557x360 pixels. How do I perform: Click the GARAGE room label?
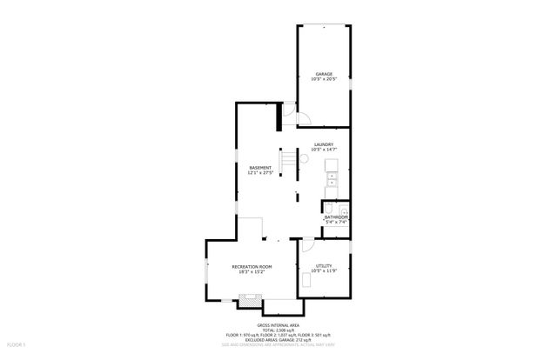click(324, 74)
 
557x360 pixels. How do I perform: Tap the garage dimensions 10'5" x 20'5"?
click(324, 80)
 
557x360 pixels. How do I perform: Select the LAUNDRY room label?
click(324, 144)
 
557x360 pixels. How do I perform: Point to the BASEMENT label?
click(260, 167)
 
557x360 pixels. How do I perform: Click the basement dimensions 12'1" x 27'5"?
click(260, 173)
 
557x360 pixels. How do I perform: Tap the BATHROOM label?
click(336, 217)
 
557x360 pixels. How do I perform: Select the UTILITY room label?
click(324, 265)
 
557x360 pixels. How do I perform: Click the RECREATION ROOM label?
click(252, 265)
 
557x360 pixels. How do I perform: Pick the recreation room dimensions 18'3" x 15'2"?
click(252, 271)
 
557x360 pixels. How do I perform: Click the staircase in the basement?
click(277, 160)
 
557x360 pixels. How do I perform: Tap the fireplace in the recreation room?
click(250, 301)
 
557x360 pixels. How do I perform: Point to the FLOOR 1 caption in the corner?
click(11, 345)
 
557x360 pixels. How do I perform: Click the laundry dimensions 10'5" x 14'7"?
click(324, 150)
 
